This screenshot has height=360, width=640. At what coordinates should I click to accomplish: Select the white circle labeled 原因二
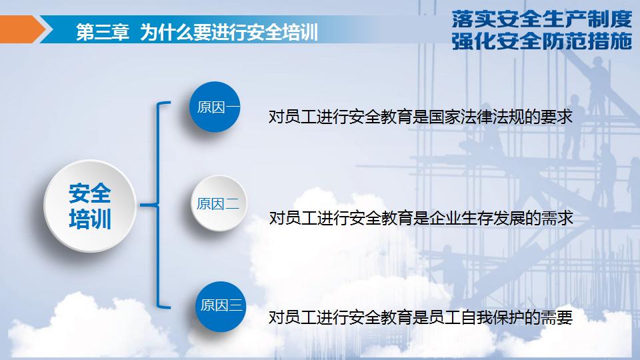218,204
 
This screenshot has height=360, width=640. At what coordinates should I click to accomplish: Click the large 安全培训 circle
90,206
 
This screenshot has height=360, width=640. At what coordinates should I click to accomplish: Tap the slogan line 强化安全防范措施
541,42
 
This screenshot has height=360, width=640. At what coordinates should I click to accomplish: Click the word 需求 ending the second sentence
559,219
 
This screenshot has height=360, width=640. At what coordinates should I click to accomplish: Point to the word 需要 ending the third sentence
559,317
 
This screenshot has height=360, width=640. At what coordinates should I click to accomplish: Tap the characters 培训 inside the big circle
90,219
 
